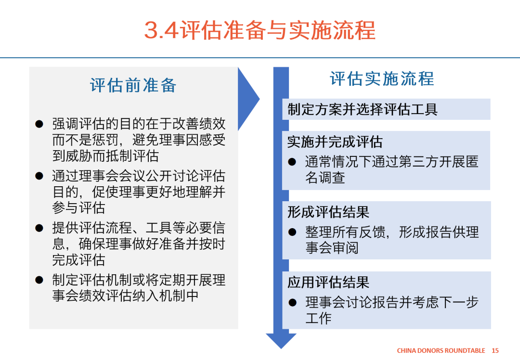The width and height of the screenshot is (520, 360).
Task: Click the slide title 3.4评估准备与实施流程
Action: coord(260,30)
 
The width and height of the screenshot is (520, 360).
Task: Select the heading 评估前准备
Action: coord(133,85)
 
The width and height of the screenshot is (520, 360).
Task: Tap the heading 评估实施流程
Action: coord(382,79)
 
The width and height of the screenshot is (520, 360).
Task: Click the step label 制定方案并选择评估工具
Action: coord(362,109)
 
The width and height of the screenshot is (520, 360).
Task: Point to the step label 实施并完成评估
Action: coord(335,142)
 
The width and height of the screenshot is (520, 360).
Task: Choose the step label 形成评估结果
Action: coord(328,212)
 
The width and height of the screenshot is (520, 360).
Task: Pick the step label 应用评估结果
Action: coord(328,283)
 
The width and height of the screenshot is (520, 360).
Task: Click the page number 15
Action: coord(495,351)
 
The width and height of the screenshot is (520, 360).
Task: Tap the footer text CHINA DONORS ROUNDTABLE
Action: coord(441,351)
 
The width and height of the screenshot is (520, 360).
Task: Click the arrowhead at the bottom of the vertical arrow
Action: coord(281,341)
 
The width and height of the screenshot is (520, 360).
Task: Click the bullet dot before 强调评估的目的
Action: coord(39,124)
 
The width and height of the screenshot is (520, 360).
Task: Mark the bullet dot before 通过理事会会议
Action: coord(39,176)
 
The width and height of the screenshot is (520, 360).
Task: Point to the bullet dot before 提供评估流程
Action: coord(39,228)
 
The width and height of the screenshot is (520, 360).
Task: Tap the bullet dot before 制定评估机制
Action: coord(39,280)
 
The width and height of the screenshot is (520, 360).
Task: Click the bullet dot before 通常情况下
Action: coord(292,162)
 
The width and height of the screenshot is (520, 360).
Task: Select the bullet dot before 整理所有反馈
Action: coord(292,232)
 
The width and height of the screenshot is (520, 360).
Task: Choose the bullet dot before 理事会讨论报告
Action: coord(292,302)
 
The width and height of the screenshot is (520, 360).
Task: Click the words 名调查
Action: coord(325,178)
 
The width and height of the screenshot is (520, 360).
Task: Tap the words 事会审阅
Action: coord(332,248)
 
